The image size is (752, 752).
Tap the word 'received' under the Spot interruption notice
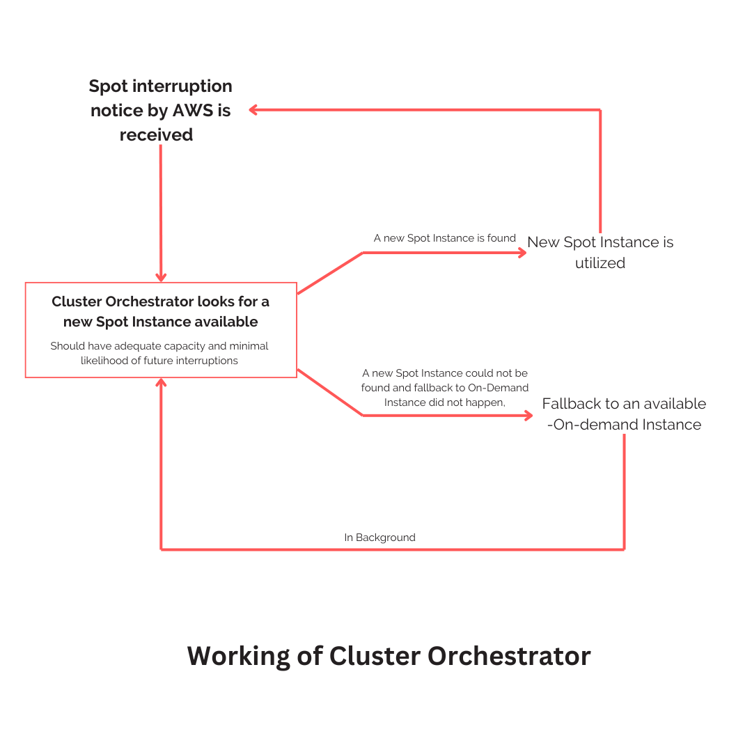click(156, 135)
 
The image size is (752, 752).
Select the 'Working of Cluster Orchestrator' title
click(389, 656)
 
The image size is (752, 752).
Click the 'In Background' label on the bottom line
click(379, 538)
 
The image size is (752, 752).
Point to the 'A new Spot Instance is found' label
click(444, 238)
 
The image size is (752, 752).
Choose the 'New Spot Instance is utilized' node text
click(600, 252)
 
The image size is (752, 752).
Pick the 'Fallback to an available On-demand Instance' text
click(624, 414)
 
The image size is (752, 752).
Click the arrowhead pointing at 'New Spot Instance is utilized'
click(522, 253)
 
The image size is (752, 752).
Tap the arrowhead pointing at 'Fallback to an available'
click(528, 416)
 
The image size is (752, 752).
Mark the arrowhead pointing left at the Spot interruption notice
click(254, 109)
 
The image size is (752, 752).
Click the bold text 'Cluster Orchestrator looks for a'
click(160, 301)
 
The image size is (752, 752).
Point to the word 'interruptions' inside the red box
click(207, 361)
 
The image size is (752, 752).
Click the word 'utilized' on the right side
click(600, 263)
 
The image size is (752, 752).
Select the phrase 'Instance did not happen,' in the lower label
click(444, 402)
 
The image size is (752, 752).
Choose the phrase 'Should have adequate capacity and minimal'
click(159, 346)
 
